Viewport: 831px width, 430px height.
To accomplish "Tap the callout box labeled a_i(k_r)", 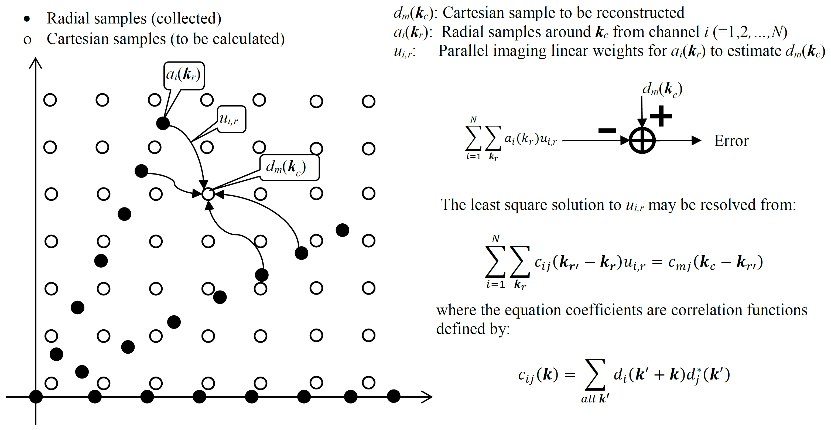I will [184, 75].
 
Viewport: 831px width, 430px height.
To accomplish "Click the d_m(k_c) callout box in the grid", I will [289, 168].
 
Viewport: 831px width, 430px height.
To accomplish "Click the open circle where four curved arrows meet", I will [208, 194].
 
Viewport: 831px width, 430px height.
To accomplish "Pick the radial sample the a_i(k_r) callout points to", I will [163, 123].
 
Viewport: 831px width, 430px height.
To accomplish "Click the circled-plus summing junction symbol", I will [642, 141].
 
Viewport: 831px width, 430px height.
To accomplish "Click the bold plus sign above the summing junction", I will [661, 116].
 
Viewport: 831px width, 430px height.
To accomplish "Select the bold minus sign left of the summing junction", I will [607, 131].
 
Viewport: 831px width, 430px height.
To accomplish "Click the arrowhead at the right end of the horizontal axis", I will [428, 397].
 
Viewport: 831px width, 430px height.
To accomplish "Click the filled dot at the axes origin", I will [36, 397].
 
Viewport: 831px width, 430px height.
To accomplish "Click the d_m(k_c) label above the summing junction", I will [662, 89].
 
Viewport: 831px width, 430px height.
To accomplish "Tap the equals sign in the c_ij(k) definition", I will [570, 375].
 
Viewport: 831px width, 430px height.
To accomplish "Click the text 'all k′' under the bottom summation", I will [595, 399].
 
